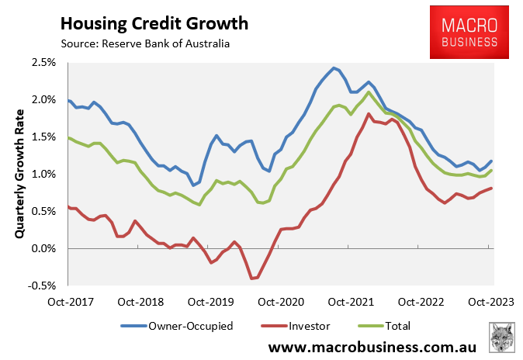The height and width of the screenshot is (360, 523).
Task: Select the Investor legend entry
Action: pos(298,326)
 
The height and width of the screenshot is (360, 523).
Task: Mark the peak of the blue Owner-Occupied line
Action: pos(333,67)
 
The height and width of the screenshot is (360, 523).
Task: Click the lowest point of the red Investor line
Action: pos(252,278)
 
